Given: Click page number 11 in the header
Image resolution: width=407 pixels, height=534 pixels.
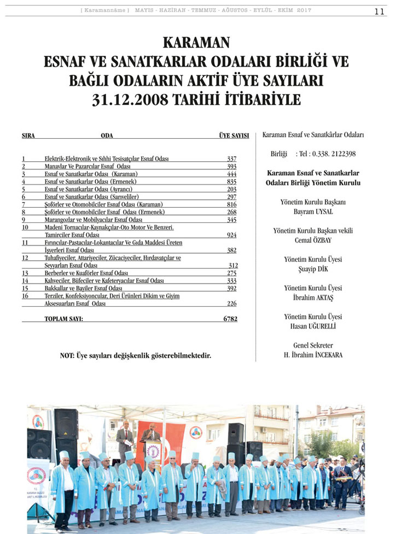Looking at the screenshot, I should pos(380,11).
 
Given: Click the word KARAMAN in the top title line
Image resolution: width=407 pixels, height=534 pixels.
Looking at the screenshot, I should pos(196,43).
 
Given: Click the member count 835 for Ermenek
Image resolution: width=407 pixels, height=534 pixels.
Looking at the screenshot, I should pos(231,181).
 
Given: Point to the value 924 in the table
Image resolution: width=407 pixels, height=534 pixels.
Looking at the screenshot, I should pos(231,234).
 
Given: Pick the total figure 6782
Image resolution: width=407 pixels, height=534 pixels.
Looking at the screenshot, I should pos(230,318).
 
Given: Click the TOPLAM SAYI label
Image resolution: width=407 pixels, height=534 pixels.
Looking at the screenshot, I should pos(63,318).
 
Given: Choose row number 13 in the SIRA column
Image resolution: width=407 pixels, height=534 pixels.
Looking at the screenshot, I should pos(25,273).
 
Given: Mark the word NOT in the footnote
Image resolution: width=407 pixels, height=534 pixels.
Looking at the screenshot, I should pos(68,356).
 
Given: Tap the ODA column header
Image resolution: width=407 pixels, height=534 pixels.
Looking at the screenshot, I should pos(107,136).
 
